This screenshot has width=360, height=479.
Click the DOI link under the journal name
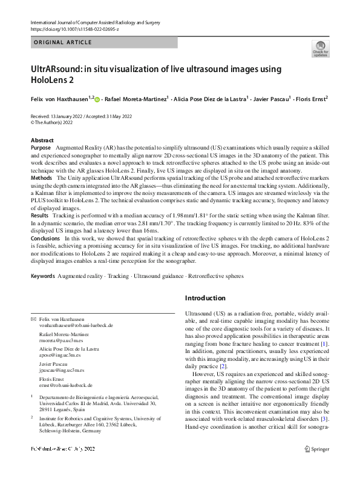(71, 28)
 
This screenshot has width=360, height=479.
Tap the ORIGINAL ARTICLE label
(63, 42)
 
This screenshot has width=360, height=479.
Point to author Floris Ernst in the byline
(310, 98)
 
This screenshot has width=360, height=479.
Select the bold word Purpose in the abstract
(41, 148)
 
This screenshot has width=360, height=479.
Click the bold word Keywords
(42, 276)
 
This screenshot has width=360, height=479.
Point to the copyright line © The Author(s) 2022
(57, 121)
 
